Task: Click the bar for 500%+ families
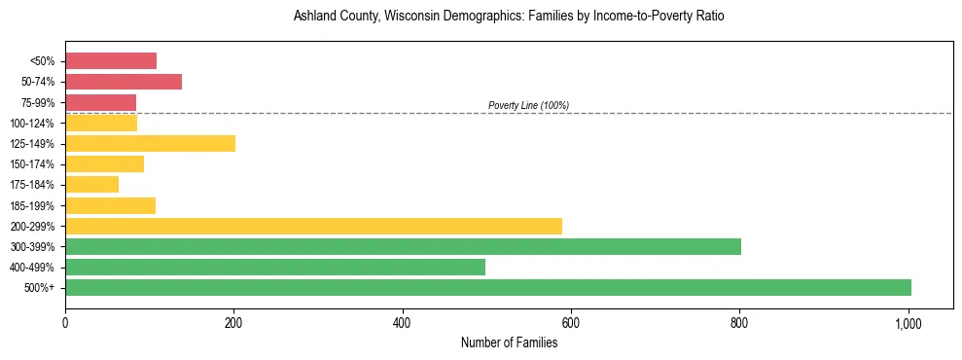[x=487, y=287]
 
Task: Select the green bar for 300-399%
[x=403, y=246]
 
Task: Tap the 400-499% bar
[x=275, y=267]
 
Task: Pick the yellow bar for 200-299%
[x=313, y=226]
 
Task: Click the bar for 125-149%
[x=150, y=144]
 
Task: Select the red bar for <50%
[x=111, y=61]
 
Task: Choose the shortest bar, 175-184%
[x=91, y=185]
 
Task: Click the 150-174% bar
[x=104, y=164]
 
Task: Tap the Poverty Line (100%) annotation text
[x=528, y=105]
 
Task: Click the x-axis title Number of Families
[x=509, y=342]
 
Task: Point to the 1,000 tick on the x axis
[x=909, y=322]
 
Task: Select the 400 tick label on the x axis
[x=402, y=322]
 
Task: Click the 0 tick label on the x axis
[x=65, y=322]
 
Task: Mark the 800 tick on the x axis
[x=739, y=322]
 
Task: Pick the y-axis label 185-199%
[x=33, y=205]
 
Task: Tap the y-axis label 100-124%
[x=33, y=124]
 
